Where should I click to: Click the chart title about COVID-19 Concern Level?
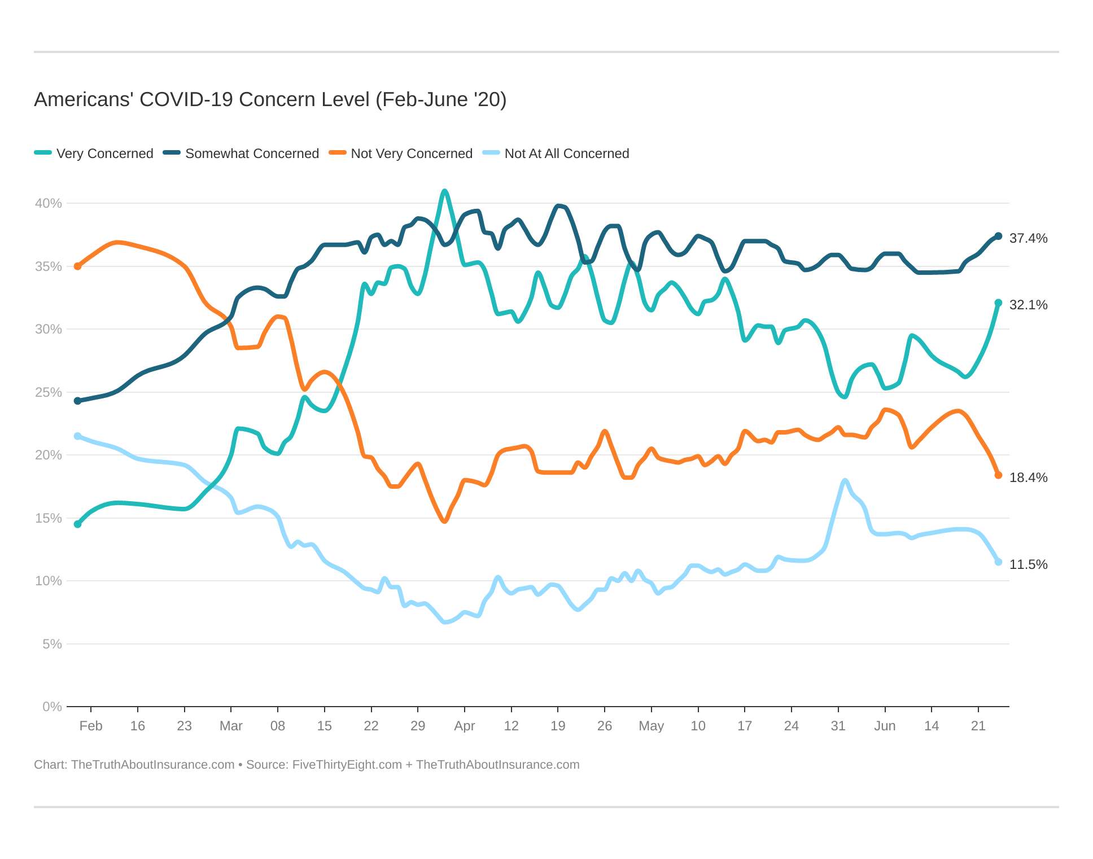point(270,99)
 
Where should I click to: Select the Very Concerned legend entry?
point(94,154)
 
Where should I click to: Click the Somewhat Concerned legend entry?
point(241,154)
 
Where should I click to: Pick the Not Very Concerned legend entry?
point(401,154)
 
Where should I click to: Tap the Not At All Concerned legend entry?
point(556,154)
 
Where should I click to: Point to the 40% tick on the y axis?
point(48,203)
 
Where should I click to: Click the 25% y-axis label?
point(48,392)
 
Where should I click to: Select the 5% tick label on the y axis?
point(51,644)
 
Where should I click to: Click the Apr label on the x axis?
point(464,726)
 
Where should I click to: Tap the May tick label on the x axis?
point(651,726)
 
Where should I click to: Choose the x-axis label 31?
point(838,726)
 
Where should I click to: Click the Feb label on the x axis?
point(91,726)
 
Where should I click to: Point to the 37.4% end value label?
point(1028,238)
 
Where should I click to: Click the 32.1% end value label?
point(1028,305)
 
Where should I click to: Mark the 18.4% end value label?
point(1028,477)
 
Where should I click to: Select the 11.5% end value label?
point(1028,564)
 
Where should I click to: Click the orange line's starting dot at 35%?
point(78,266)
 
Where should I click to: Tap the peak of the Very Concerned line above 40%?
point(444,191)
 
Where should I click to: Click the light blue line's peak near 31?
point(845,481)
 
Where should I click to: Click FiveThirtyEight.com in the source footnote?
point(347,765)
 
